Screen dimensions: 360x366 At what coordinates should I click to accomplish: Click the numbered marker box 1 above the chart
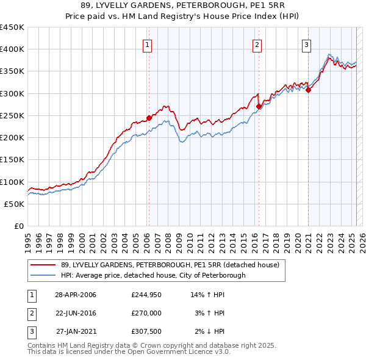[148, 44]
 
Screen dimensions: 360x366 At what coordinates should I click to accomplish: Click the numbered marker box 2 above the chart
[257, 44]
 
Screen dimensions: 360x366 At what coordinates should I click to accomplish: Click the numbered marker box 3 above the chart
[306, 44]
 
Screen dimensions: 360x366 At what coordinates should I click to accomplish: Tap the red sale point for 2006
[149, 118]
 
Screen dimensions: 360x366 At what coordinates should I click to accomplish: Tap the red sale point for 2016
[259, 107]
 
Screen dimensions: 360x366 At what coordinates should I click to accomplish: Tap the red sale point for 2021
[308, 90]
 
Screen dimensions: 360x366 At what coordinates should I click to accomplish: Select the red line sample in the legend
[43, 265]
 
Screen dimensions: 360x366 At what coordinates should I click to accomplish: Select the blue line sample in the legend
[43, 275]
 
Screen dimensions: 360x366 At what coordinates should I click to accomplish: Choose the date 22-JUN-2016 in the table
[76, 313]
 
